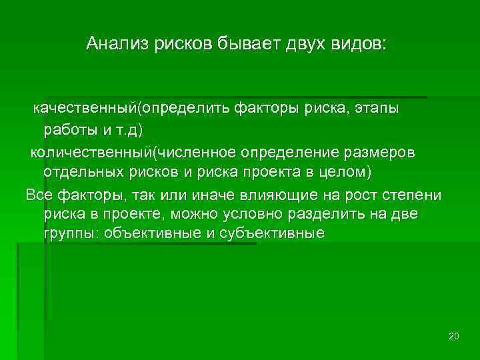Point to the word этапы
coord(377,108)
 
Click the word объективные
coord(152,235)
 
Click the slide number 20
coord(454,335)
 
